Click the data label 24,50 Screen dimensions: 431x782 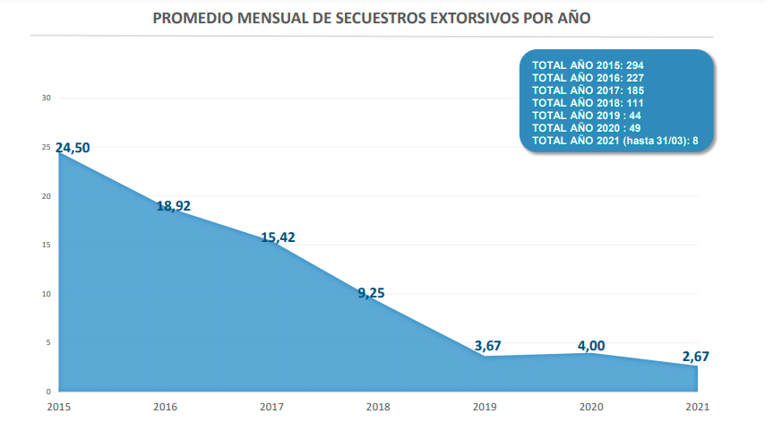73,148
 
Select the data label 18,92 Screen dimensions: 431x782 174,205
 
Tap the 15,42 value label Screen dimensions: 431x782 278,237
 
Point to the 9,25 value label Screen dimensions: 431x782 371,292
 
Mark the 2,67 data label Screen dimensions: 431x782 696,357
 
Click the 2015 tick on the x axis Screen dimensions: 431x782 58,407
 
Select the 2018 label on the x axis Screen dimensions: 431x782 378,407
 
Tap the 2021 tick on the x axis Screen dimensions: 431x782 698,407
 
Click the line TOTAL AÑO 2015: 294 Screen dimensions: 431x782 588,65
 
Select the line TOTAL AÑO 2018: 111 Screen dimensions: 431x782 588,103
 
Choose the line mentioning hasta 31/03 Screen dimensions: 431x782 614,141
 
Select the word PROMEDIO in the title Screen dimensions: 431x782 193,18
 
